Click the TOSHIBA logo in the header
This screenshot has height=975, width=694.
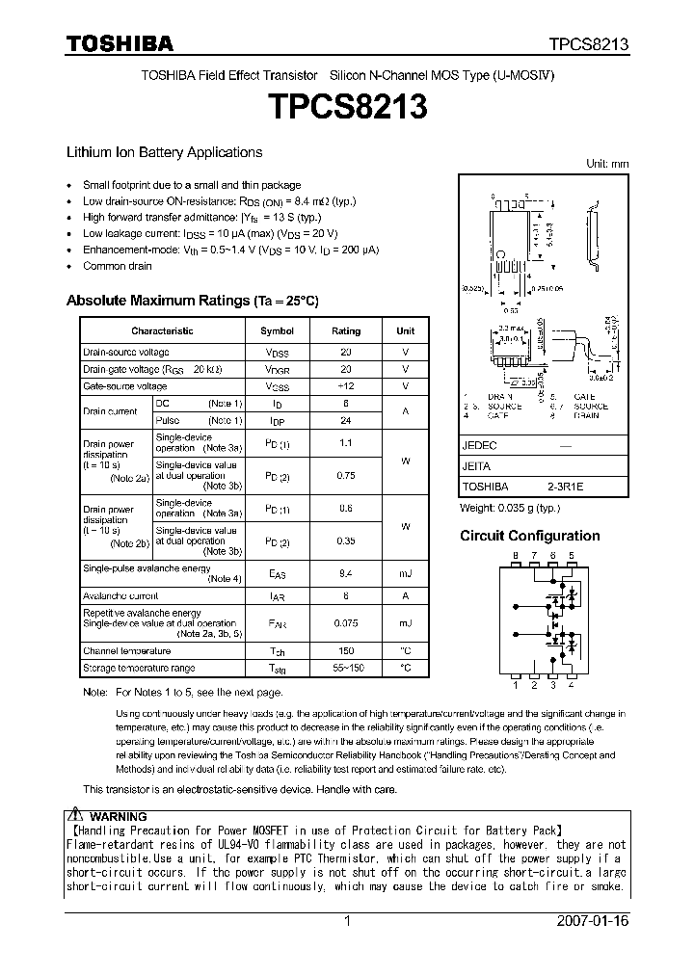coord(120,43)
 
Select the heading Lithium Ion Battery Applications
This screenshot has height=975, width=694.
coord(164,152)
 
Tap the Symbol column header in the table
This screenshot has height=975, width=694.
coord(277,330)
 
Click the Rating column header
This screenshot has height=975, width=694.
coord(346,330)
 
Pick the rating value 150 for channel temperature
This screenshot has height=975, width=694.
coord(346,651)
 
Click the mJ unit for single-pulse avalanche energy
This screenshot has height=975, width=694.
coord(406,575)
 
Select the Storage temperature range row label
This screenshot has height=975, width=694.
coord(139,668)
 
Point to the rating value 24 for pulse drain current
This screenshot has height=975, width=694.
coord(346,420)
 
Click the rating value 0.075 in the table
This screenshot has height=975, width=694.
coord(346,623)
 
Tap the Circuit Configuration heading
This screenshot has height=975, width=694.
coord(529,536)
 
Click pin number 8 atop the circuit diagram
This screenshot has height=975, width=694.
coord(516,556)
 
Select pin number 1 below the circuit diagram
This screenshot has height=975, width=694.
coord(516,686)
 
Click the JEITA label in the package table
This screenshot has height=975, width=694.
coord(476,466)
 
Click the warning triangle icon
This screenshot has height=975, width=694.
coord(75,815)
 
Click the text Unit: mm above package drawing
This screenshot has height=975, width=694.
coord(607,164)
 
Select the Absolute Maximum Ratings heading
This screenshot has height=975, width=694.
coord(191,301)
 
